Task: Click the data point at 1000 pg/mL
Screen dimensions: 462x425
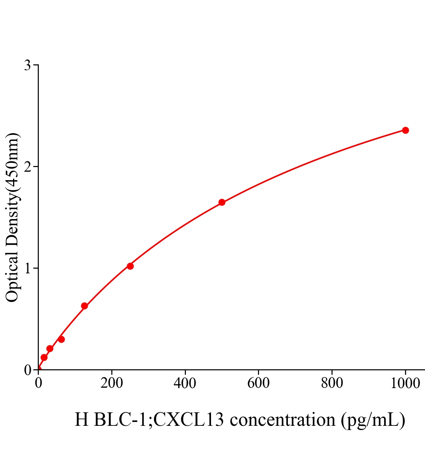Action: click(405, 131)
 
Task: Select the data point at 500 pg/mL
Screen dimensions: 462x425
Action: click(222, 203)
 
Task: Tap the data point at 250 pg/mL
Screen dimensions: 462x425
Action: click(130, 266)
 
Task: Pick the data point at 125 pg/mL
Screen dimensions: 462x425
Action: click(84, 306)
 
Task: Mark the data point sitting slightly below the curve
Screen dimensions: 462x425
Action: click(61, 339)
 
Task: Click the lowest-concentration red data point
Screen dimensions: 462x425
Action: click(44, 357)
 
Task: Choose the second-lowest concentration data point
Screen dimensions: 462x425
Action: click(50, 349)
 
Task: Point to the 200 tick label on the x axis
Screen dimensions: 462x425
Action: click(112, 383)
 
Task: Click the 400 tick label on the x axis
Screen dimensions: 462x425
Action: click(185, 383)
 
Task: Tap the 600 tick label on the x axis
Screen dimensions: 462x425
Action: click(258, 383)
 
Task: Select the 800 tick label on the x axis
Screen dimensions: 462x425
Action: click(331, 383)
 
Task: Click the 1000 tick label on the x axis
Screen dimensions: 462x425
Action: click(405, 383)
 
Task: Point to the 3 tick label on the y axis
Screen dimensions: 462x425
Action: click(27, 65)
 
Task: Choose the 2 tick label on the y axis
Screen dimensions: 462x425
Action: click(27, 167)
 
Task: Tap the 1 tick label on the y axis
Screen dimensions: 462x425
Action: click(27, 268)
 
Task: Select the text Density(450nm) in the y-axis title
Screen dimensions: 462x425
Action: click(12, 189)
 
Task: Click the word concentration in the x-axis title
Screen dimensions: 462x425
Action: click(283, 420)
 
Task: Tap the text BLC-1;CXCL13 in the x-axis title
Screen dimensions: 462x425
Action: click(159, 420)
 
